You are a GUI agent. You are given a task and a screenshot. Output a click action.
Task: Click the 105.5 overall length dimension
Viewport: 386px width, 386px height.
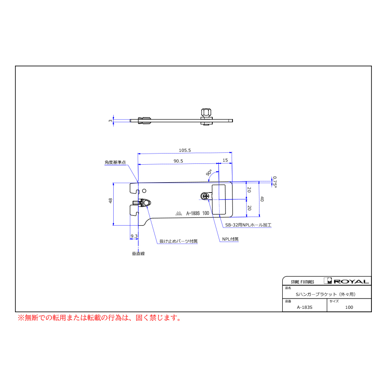pyautogui.click(x=184, y=150)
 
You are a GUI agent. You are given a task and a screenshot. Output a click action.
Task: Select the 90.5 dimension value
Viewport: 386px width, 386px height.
pyautogui.click(x=178, y=161)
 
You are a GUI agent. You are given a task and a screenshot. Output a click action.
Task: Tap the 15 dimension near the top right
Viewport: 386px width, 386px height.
pyautogui.click(x=225, y=160)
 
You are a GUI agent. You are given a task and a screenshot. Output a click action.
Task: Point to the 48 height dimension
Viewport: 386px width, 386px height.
pyautogui.click(x=111, y=201)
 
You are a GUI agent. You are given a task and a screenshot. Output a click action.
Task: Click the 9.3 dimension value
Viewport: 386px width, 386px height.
pyautogui.click(x=134, y=236)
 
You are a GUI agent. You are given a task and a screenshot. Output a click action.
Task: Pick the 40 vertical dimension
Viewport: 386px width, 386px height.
pyautogui.click(x=262, y=199)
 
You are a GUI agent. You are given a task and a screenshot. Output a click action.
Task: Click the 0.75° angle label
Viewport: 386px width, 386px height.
pyautogui.click(x=275, y=182)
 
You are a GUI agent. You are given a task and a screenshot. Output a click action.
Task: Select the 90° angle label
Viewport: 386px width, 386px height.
pyautogui.click(x=209, y=172)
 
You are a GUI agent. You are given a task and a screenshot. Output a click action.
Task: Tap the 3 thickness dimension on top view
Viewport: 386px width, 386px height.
pyautogui.click(x=110, y=121)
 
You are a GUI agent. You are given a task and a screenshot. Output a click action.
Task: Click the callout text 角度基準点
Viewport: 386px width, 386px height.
pyautogui.click(x=115, y=162)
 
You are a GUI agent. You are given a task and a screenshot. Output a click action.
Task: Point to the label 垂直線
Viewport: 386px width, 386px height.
pyautogui.click(x=139, y=253)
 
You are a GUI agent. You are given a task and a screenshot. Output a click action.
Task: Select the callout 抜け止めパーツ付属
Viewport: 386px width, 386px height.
pyautogui.click(x=178, y=241)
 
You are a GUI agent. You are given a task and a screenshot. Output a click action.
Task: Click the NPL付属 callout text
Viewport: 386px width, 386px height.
pyautogui.click(x=230, y=239)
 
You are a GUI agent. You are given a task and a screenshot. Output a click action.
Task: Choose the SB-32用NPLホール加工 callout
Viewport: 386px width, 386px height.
pyautogui.click(x=248, y=225)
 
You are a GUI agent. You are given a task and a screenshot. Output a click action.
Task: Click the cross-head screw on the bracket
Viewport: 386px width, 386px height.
pyautogui.click(x=206, y=196)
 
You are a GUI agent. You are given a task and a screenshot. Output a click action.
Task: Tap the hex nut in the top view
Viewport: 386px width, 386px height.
pyautogui.click(x=206, y=113)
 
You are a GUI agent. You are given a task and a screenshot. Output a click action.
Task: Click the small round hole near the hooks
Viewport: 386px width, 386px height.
pyautogui.click(x=144, y=191)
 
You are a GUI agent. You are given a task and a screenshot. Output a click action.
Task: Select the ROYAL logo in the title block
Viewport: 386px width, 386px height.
pyautogui.click(x=347, y=281)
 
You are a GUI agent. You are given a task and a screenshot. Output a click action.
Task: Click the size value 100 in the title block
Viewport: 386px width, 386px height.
pyautogui.click(x=349, y=307)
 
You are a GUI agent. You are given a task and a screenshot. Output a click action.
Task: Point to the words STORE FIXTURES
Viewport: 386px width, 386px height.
pyautogui.click(x=302, y=282)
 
